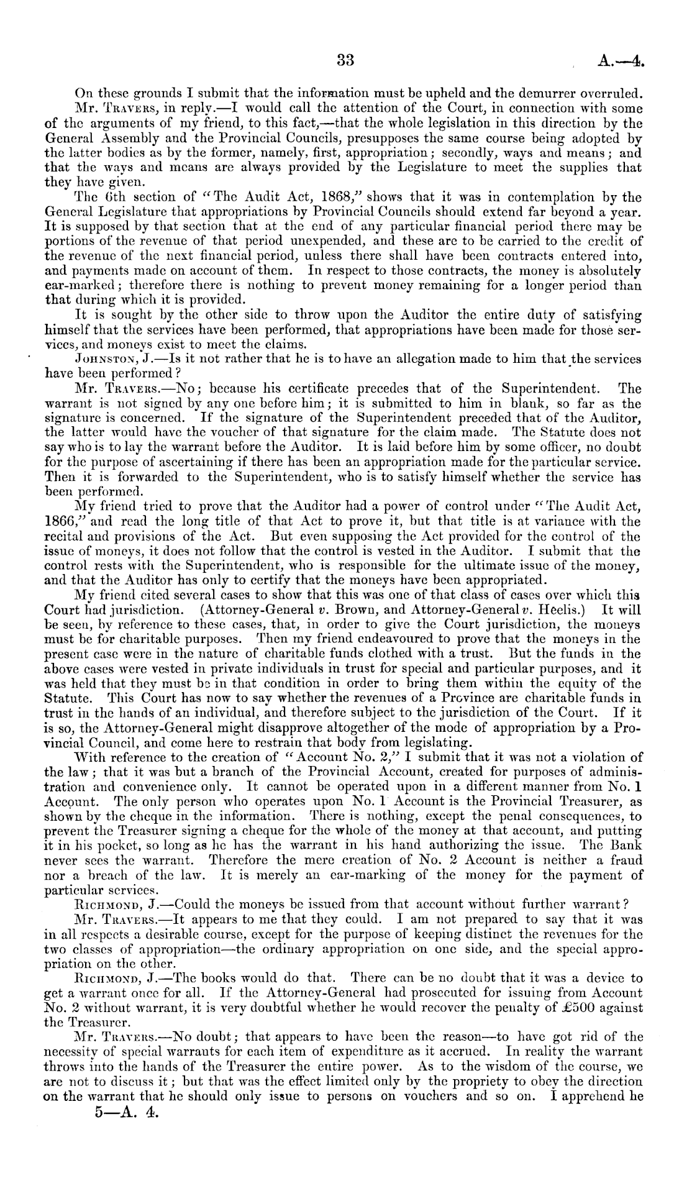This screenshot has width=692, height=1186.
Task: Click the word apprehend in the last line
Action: coord(588,1111)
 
